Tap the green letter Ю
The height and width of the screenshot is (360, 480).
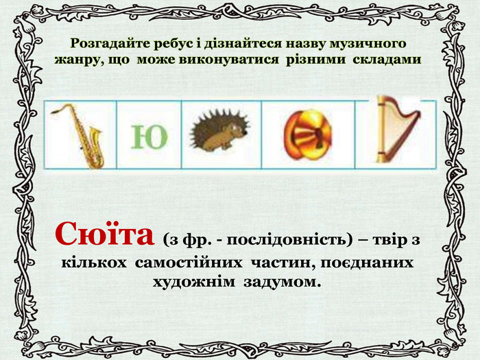click(149, 137)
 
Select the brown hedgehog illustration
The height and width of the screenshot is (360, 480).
click(220, 131)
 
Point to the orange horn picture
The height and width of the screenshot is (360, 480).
click(307, 134)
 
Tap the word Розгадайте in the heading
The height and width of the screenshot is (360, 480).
click(110, 43)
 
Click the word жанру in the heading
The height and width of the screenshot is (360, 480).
click(76, 60)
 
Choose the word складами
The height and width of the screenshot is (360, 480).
click(387, 60)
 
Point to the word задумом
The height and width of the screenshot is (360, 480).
click(281, 283)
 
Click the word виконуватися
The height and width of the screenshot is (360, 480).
click(228, 60)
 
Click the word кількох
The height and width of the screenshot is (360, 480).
click(94, 263)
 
